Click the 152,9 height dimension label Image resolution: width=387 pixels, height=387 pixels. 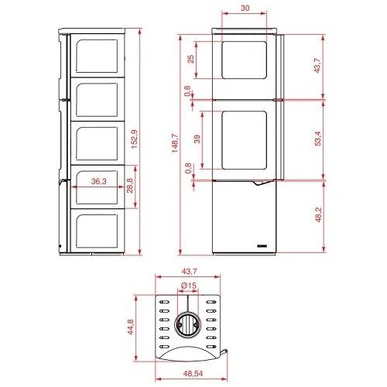click(x=135, y=139)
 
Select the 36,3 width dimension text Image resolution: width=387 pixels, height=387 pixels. click(x=98, y=181)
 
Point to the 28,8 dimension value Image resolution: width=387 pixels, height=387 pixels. click(x=130, y=186)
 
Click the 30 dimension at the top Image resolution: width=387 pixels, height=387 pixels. click(x=245, y=8)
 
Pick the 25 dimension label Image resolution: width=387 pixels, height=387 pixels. click(x=190, y=59)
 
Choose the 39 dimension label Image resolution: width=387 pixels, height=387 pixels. click(x=197, y=139)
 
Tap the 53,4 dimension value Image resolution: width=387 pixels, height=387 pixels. click(x=318, y=139)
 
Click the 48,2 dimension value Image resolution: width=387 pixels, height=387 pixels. click(x=318, y=214)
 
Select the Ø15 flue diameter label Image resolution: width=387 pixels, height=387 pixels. click(x=189, y=286)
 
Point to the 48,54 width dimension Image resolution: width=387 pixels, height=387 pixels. click(x=193, y=373)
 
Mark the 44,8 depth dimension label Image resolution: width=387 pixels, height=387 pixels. click(x=131, y=327)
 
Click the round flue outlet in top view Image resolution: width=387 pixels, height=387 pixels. click(x=187, y=324)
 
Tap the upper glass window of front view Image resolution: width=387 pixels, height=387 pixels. click(x=244, y=60)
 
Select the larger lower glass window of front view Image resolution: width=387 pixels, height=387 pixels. click(x=244, y=140)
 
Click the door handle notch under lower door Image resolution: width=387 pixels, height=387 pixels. click(x=261, y=183)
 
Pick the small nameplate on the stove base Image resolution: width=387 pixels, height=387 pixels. click(x=262, y=245)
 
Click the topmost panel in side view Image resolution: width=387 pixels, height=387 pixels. click(x=97, y=56)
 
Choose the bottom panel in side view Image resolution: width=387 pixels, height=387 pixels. click(x=97, y=231)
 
